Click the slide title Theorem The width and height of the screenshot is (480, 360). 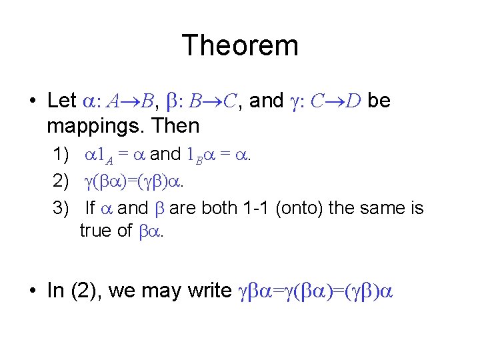(239, 46)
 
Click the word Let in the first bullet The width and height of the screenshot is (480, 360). (63, 101)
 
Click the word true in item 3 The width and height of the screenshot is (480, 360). (95, 231)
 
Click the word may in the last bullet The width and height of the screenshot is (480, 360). (157, 291)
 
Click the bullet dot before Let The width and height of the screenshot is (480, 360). (32, 101)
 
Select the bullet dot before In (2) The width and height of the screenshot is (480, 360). (32, 291)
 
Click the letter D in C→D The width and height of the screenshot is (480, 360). (354, 101)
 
